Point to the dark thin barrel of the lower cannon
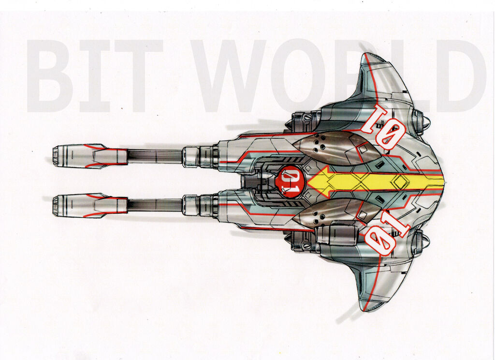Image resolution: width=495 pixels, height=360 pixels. (155, 205)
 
